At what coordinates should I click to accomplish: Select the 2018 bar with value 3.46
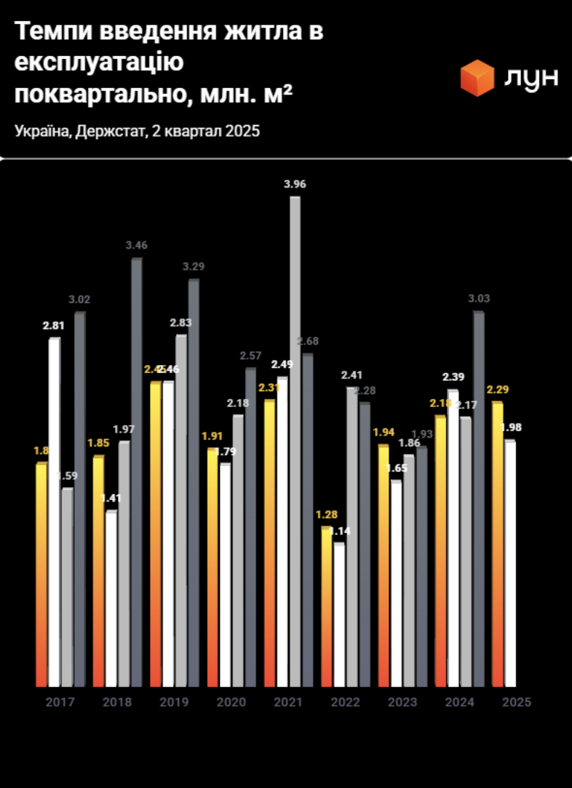coord(136,473)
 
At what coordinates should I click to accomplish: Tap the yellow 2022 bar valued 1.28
coord(327,607)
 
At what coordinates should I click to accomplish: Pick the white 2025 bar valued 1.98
coord(510,563)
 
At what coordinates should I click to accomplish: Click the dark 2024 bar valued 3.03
coord(478,499)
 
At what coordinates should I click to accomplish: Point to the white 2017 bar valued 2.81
coord(55,512)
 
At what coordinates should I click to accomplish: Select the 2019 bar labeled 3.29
coord(194,483)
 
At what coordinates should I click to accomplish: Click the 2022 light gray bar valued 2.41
coord(352,538)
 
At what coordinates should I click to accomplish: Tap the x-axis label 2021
coord(287,702)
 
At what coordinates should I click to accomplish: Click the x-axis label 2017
coord(60,702)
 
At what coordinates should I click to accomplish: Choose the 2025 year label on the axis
coord(517,702)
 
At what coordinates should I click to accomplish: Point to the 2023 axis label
coord(402,702)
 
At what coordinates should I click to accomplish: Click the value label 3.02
coord(79,299)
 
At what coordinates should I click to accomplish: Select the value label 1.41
coord(111,499)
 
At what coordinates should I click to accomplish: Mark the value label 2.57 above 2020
coord(250,355)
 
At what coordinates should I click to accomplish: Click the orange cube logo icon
coord(477,78)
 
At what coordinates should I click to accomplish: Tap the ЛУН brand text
coord(532,78)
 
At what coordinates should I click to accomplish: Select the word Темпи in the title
coord(49,32)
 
